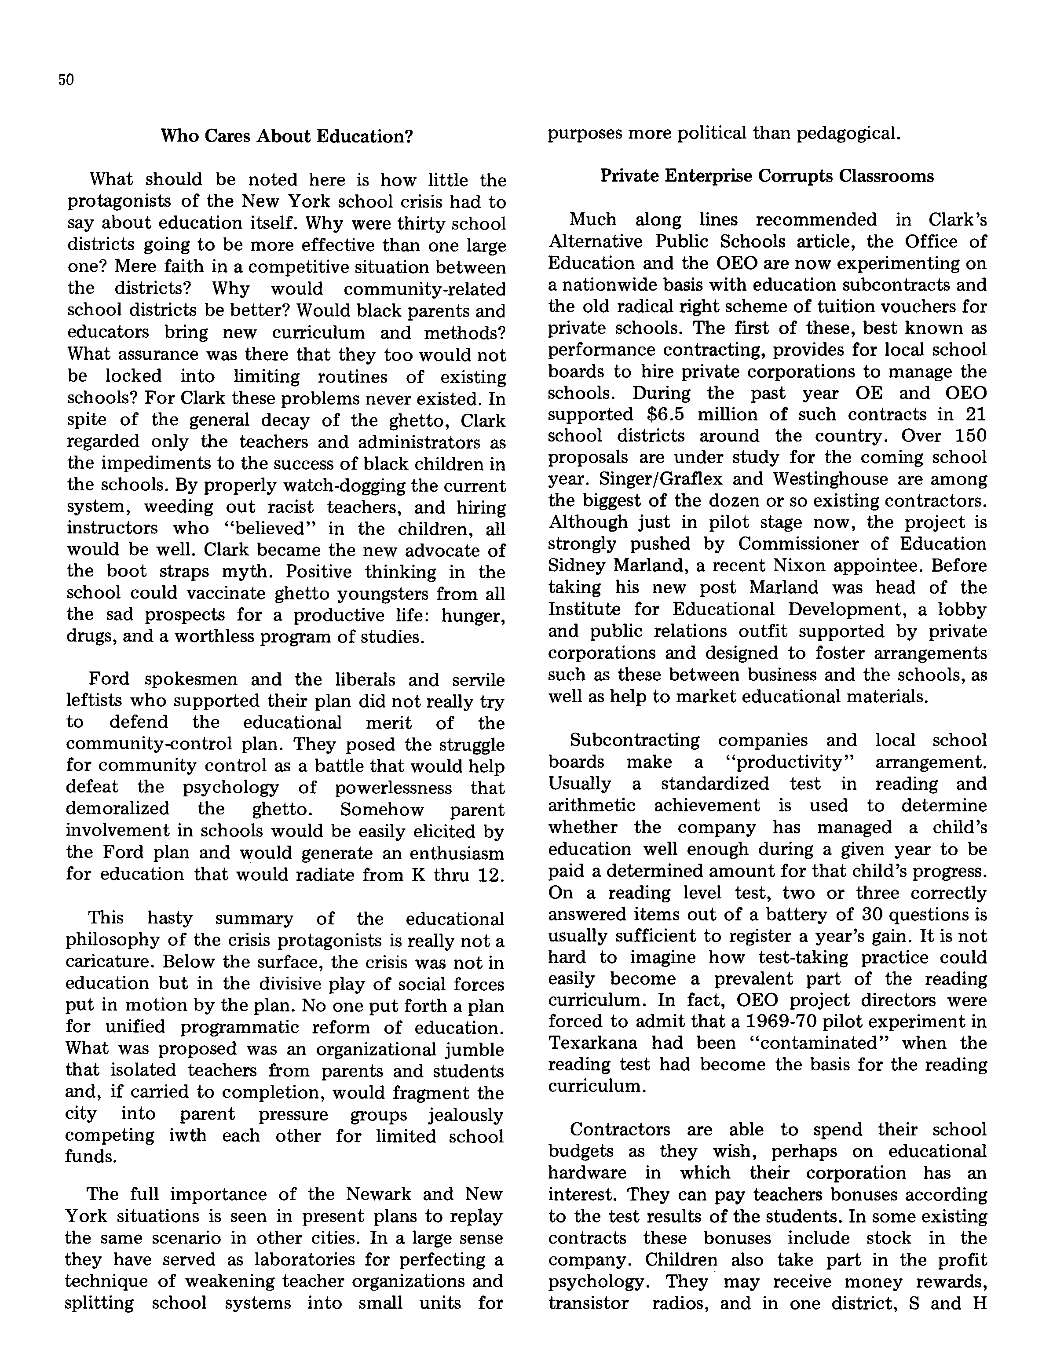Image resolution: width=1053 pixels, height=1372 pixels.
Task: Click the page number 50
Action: coord(66,80)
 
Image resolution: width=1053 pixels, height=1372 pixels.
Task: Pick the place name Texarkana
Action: coord(592,1043)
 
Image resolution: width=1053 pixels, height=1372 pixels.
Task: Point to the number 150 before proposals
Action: coord(969,436)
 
